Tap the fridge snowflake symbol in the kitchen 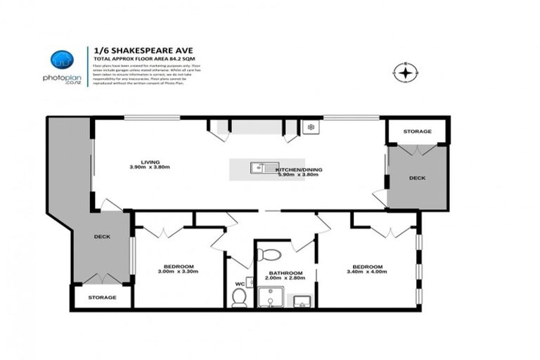coord(310,127)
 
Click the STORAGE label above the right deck coord(417,131)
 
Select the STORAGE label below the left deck coord(102,297)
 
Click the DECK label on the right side coord(417,179)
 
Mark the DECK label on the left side coord(103,237)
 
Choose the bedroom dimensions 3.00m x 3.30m coord(179,271)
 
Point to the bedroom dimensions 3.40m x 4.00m coord(368,272)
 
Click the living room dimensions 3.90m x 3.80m coord(150,167)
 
